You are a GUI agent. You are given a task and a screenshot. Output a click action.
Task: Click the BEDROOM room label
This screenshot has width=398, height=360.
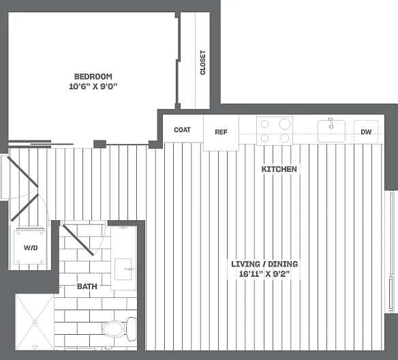tap(93, 76)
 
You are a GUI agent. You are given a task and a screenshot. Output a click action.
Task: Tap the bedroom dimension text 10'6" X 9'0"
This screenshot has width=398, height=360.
tap(93, 87)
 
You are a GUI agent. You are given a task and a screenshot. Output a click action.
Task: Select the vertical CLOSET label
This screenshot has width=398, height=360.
tap(203, 63)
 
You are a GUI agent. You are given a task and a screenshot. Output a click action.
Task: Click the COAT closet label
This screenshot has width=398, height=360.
tap(182, 130)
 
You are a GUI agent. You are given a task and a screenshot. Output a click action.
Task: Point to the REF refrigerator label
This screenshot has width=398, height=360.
tap(221, 132)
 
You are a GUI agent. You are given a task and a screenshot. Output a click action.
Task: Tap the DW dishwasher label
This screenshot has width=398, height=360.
tap(366, 132)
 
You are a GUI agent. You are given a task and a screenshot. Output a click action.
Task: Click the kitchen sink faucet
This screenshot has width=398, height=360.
tap(331, 123)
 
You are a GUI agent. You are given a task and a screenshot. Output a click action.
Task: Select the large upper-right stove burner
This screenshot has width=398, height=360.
tap(285, 124)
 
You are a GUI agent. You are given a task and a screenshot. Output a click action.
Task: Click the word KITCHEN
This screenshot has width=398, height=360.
tap(279, 169)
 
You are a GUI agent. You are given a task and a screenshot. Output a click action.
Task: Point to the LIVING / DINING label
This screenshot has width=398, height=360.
tap(264, 264)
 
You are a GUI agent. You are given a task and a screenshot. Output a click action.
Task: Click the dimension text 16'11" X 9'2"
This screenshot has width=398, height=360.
tap(264, 274)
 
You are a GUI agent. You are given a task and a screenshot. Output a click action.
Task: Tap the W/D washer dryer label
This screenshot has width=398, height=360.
tap(31, 247)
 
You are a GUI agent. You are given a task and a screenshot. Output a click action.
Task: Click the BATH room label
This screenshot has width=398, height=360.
tap(87, 286)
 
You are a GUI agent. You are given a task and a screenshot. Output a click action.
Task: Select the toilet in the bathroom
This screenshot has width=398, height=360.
tap(119, 329)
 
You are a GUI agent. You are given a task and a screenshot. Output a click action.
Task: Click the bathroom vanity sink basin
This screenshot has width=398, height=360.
tap(123, 269)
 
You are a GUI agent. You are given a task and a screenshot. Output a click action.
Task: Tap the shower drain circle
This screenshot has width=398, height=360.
tap(35, 322)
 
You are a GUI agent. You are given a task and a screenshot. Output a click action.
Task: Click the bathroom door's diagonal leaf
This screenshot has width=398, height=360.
tap(78, 240)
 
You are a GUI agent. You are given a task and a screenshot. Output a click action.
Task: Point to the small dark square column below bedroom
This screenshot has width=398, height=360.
tap(99, 144)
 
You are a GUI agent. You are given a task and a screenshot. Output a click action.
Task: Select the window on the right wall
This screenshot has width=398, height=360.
tap(392, 252)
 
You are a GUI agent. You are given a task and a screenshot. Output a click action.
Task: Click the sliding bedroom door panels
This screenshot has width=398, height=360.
tap(41, 144)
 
